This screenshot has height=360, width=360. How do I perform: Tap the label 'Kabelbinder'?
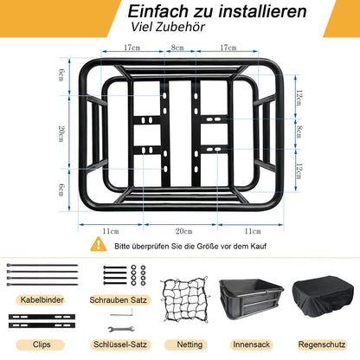(41, 299)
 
